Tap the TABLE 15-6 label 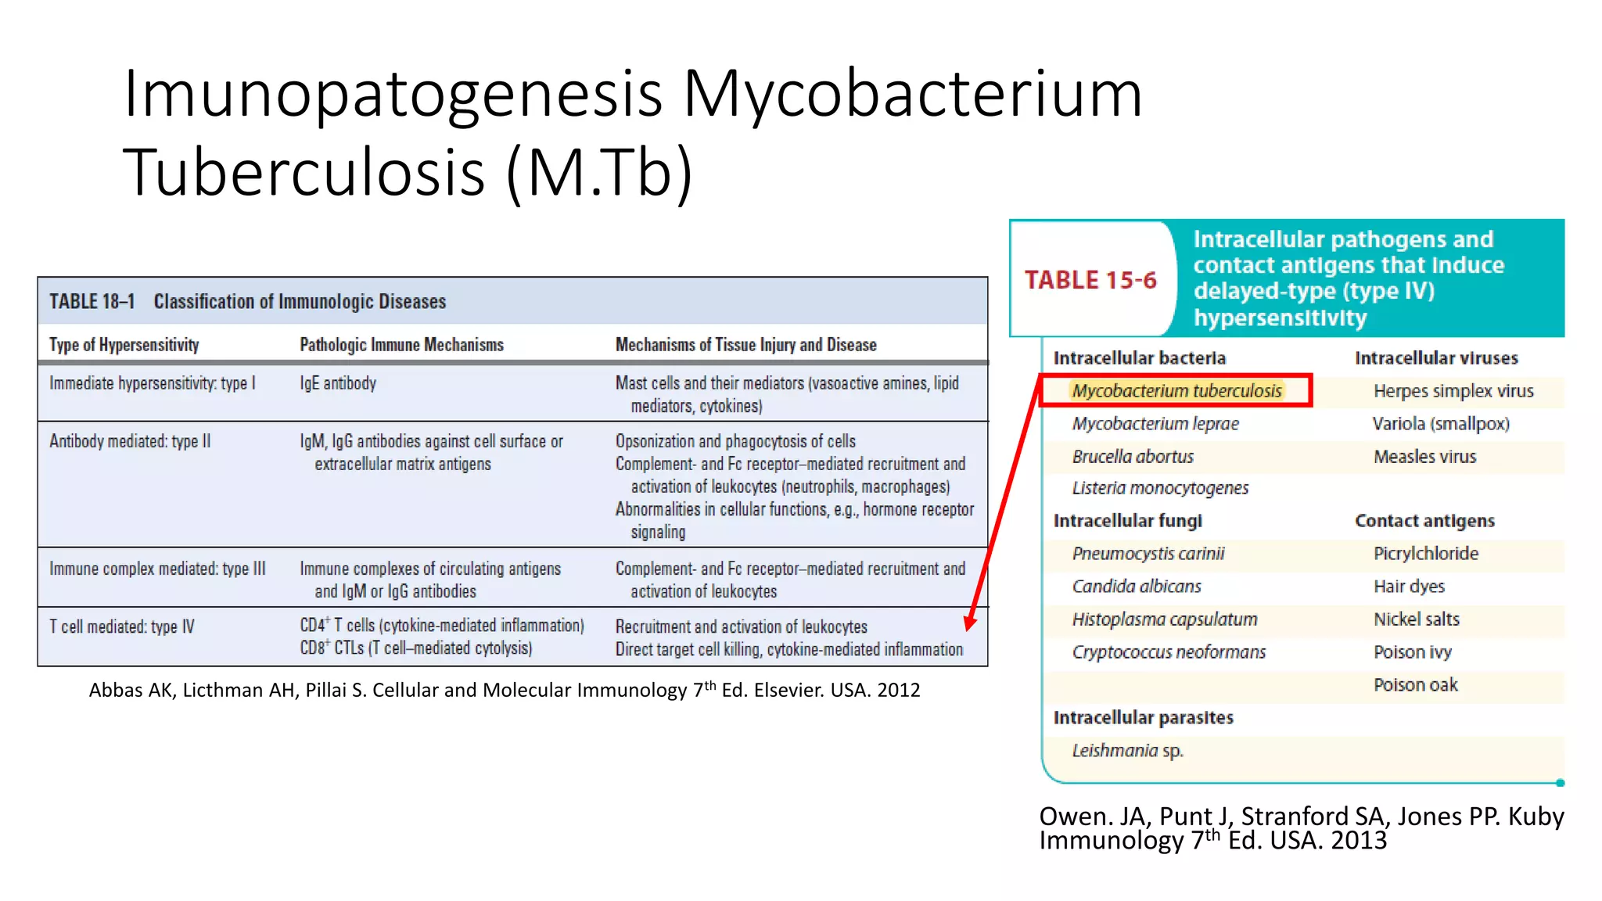(x=1090, y=280)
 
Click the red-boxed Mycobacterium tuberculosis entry (x=1176, y=390)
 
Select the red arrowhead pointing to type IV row (x=970, y=622)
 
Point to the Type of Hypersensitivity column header (x=124, y=345)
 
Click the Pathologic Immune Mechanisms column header (x=401, y=345)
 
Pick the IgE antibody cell (x=338, y=383)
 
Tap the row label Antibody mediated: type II (x=130, y=441)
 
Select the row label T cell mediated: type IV (x=122, y=626)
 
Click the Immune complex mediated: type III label (x=157, y=569)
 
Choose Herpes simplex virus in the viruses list (x=1453, y=391)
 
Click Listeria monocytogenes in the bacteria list (x=1160, y=488)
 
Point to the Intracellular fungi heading (x=1127, y=521)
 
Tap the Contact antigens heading (x=1424, y=521)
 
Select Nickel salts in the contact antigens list (x=1417, y=619)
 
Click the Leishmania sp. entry (x=1127, y=751)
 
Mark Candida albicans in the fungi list (x=1137, y=587)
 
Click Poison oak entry (x=1416, y=685)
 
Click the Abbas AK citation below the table (x=505, y=690)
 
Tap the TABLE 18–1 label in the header (x=92, y=302)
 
